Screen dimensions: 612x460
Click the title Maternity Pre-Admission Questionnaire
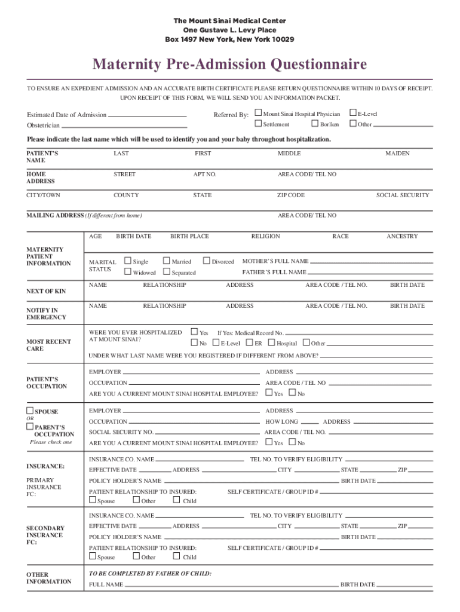click(229, 64)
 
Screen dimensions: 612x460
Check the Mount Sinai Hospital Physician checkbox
click(258, 113)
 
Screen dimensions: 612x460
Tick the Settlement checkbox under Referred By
click(258, 124)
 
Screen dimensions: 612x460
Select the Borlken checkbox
click(315, 124)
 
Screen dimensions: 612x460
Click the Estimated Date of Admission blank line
click(148, 115)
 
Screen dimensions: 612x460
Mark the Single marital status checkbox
click(127, 261)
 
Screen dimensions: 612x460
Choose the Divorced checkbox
click(207, 261)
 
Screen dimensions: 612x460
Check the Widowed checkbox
click(127, 272)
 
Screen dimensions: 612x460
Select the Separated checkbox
click(167, 272)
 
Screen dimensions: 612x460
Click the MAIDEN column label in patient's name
click(397, 154)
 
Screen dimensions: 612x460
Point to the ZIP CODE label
click(291, 195)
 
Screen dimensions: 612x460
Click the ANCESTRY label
click(402, 237)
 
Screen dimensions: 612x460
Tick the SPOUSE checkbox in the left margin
click(29, 411)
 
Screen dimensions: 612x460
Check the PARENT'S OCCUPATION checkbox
click(29, 427)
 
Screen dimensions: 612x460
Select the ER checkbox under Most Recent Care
click(249, 343)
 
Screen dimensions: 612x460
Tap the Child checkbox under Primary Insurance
click(176, 500)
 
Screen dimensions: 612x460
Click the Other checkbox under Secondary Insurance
click(136, 556)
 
